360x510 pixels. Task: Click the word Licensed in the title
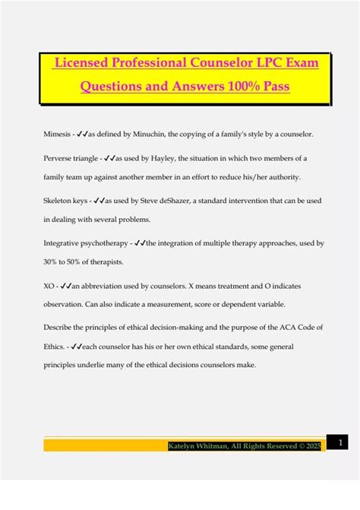click(79, 62)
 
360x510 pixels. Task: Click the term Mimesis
click(58, 134)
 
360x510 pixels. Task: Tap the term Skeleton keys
click(65, 201)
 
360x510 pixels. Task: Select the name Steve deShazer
click(178, 201)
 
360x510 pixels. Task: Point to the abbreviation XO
click(49, 287)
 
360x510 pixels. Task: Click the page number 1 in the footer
click(341, 442)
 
